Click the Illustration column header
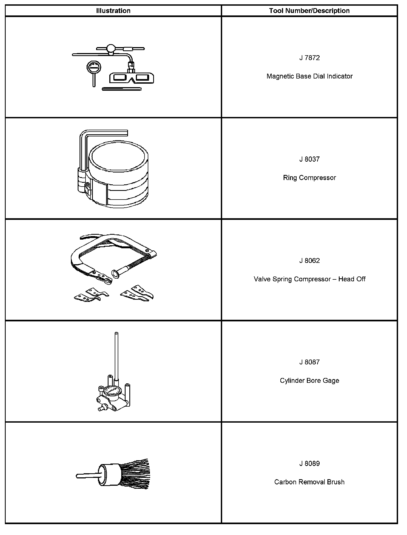tap(113, 11)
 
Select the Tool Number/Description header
tap(309, 11)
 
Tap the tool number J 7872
tap(309, 58)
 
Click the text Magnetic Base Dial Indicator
tap(309, 76)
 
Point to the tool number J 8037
tap(309, 159)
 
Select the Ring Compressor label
tap(309, 178)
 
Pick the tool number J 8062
tap(309, 261)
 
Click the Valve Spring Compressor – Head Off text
tap(309, 279)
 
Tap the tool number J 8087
tap(309, 362)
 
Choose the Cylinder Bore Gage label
tap(309, 381)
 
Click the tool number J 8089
tap(309, 464)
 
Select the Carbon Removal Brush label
tap(309, 482)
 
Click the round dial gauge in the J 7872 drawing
tap(94, 67)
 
